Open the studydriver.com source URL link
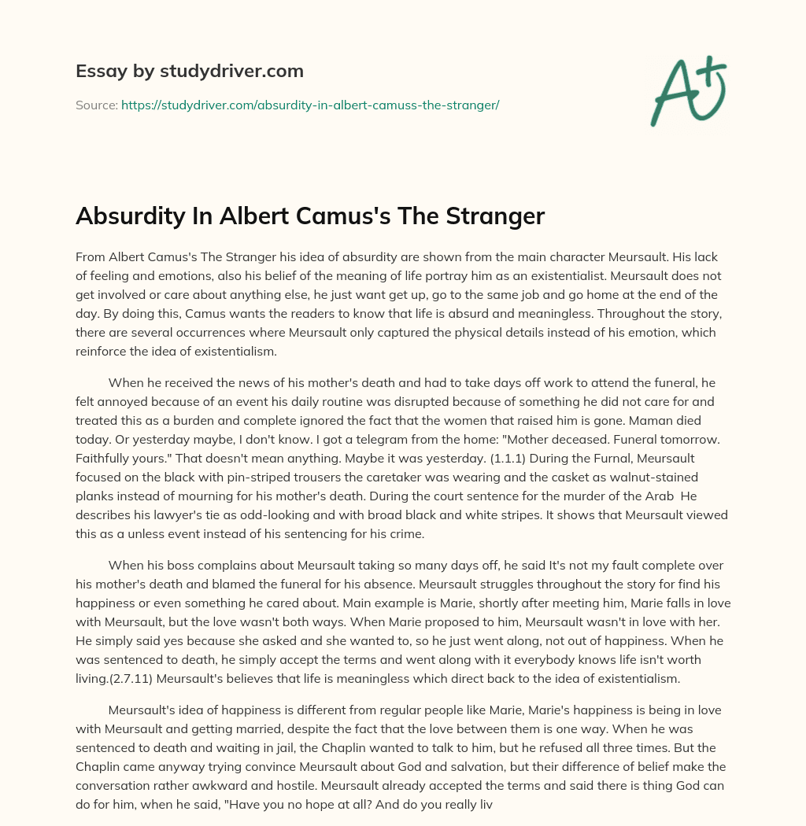pyautogui.click(x=310, y=105)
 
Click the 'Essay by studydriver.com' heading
pyautogui.click(x=190, y=72)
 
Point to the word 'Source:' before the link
pyautogui.click(x=96, y=105)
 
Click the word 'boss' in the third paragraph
pyautogui.click(x=183, y=565)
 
